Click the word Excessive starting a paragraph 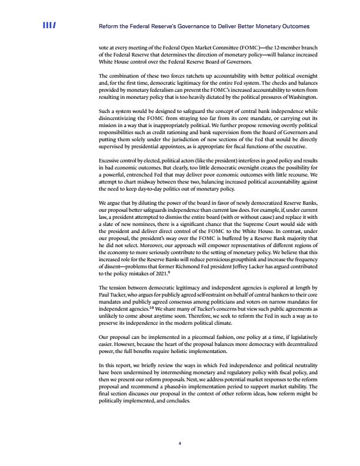pos(112,145)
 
